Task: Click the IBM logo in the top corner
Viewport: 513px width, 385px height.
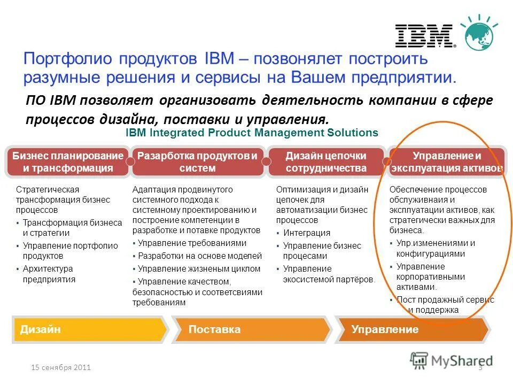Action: pyautogui.click(x=424, y=35)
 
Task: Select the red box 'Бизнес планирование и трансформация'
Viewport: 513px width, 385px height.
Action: pyautogui.click(x=67, y=162)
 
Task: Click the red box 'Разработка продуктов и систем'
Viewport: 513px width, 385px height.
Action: pyautogui.click(x=198, y=162)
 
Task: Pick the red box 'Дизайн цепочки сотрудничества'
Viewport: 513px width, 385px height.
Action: pyautogui.click(x=325, y=162)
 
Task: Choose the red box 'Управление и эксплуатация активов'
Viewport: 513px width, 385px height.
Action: pyautogui.click(x=447, y=162)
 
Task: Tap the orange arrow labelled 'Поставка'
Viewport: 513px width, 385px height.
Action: pyautogui.click(x=251, y=329)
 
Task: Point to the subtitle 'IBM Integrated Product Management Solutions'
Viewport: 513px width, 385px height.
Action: pyautogui.click(x=251, y=133)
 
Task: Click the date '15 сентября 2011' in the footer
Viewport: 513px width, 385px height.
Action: pyautogui.click(x=60, y=367)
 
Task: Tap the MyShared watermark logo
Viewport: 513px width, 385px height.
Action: pyautogui.click(x=452, y=360)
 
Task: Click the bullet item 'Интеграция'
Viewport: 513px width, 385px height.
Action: pyautogui.click(x=307, y=233)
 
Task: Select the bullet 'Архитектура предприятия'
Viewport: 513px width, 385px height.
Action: pyautogui.click(x=49, y=274)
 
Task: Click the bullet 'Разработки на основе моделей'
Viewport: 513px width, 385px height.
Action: pyautogui.click(x=200, y=256)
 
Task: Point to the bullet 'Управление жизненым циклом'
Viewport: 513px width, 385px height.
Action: pyautogui.click(x=199, y=268)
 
